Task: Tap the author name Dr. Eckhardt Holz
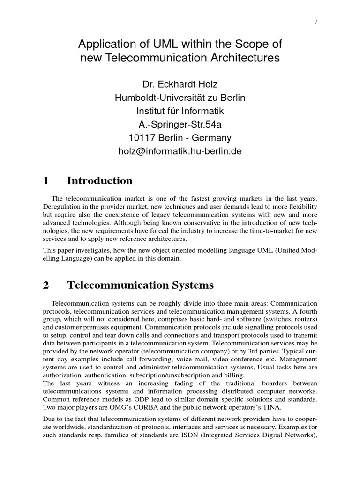click(x=180, y=85)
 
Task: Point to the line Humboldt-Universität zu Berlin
click(x=180, y=98)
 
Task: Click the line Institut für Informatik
click(x=180, y=112)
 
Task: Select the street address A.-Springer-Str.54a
click(x=180, y=125)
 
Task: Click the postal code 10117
click(x=143, y=138)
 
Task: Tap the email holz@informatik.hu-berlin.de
click(x=180, y=152)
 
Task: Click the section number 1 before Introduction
click(x=45, y=181)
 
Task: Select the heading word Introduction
click(x=100, y=181)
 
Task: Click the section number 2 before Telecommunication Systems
click(x=45, y=285)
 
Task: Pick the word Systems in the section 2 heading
click(x=191, y=285)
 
